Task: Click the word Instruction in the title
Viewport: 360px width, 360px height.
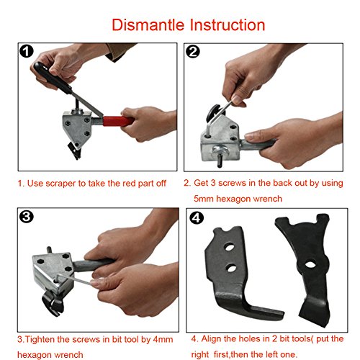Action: [228, 24]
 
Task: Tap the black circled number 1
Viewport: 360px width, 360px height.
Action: [27, 52]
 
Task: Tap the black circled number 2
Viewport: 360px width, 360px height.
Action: [193, 52]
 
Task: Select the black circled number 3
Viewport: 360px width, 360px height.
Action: [26, 217]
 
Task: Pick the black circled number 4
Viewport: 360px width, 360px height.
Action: [197, 218]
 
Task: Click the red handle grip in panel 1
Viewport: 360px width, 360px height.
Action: [117, 121]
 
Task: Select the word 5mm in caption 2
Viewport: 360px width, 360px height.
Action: [204, 199]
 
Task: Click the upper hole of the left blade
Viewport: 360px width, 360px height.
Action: [230, 247]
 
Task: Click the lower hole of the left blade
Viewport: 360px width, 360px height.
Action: [231, 268]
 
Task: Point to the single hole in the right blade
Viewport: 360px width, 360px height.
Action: [310, 264]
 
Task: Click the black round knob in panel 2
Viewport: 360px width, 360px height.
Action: [215, 113]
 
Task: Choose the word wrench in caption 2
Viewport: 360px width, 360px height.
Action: [268, 199]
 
